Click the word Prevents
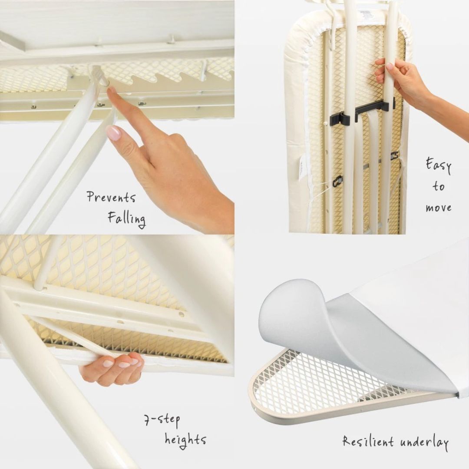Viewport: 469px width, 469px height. (111, 197)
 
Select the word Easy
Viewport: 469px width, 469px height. (438, 165)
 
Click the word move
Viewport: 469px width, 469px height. (439, 208)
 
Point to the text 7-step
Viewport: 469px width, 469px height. (162, 420)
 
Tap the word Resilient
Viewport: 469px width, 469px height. (368, 442)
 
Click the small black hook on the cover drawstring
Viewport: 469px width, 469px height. (337, 180)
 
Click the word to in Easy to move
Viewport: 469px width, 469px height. (439, 186)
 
